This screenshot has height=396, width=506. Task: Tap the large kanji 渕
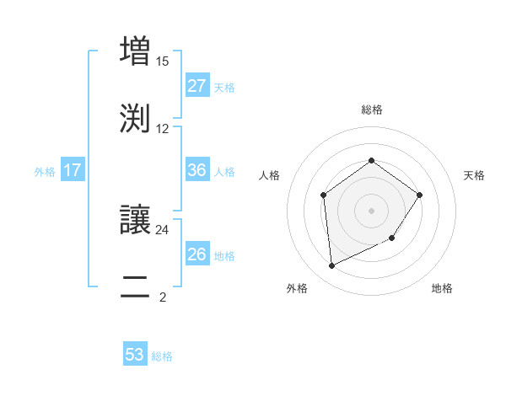[135, 117]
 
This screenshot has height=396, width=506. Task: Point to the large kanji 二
[135, 286]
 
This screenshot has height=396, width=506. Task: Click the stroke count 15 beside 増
[163, 62]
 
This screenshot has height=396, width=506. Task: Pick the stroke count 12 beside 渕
[163, 128]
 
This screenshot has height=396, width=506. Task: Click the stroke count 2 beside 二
[163, 297]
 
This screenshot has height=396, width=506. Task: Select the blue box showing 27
[196, 86]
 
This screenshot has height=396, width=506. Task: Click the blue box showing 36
[196, 170]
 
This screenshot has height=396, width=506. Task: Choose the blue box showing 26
[196, 254]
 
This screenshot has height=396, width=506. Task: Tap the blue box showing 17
[73, 170]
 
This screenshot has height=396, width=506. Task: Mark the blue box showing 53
[135, 355]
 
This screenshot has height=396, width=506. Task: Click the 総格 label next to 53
[162, 356]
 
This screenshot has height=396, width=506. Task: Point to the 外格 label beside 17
[45, 172]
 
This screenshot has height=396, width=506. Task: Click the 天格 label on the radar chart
[475, 175]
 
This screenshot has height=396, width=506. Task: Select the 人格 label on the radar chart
[270, 175]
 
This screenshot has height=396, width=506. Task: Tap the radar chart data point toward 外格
[331, 266]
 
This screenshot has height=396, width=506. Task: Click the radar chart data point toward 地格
[392, 239]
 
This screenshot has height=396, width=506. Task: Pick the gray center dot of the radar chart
[371, 210]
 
